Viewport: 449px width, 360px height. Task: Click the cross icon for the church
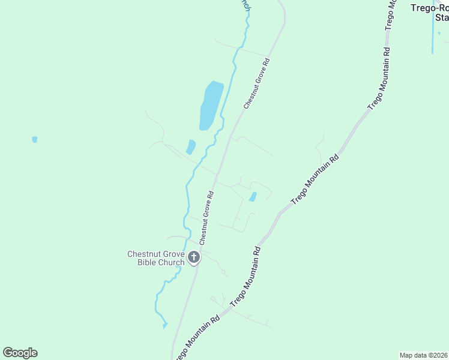tap(193, 258)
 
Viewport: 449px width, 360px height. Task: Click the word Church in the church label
tap(172, 262)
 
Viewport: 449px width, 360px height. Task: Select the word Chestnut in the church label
tap(144, 254)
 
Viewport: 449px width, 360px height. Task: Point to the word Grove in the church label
tap(174, 254)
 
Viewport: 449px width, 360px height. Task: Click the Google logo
tap(20, 353)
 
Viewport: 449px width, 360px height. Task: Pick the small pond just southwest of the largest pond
tap(191, 146)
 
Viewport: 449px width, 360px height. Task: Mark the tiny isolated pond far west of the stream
tap(35, 139)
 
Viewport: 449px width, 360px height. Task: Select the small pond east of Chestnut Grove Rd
tap(253, 196)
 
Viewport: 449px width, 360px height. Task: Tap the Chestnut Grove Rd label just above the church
tap(206, 218)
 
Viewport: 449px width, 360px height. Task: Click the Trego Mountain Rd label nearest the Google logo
tap(198, 337)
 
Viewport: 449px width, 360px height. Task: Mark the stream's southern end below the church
tap(164, 325)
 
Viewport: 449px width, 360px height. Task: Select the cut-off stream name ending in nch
tap(244, 4)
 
